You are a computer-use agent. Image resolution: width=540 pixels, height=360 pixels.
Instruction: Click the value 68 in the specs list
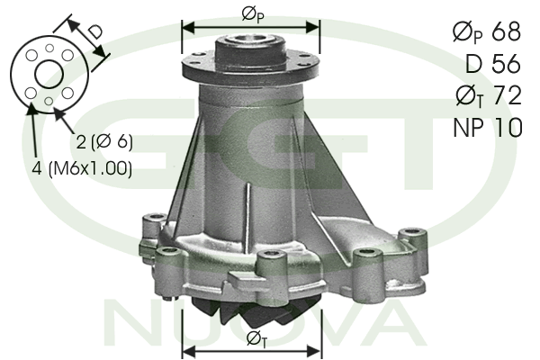coord(506,31)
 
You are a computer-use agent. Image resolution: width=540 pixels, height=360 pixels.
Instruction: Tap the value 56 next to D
coord(506,64)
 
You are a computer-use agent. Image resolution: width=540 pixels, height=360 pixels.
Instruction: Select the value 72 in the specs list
coord(508,95)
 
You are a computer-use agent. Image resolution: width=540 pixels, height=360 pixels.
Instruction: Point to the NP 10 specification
coord(488,127)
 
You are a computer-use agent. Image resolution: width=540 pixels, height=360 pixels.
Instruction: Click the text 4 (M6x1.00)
coord(82,168)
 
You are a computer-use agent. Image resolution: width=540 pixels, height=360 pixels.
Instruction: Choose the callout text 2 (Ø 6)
coord(104,141)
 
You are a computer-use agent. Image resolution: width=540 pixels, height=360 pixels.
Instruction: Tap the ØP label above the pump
coord(253,15)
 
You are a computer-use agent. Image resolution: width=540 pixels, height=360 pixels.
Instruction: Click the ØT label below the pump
coord(256,339)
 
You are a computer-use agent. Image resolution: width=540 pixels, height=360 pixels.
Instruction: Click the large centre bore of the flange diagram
coord(49,74)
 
